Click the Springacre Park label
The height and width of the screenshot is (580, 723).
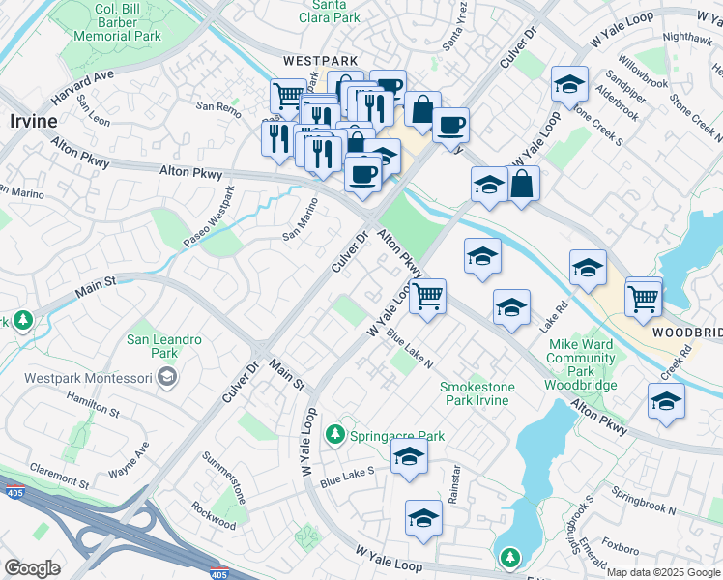click(396, 436)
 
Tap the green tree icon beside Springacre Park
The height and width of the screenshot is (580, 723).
click(335, 435)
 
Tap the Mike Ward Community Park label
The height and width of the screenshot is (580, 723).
click(581, 358)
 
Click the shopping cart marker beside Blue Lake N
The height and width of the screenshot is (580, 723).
click(426, 297)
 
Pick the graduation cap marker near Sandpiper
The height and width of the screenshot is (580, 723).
click(570, 84)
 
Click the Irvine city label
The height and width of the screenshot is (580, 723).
click(33, 121)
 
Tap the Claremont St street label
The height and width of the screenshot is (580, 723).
click(57, 479)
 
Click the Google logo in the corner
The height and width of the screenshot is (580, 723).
click(32, 568)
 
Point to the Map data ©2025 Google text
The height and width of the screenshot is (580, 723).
click(663, 572)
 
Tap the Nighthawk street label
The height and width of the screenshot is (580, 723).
click(687, 37)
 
